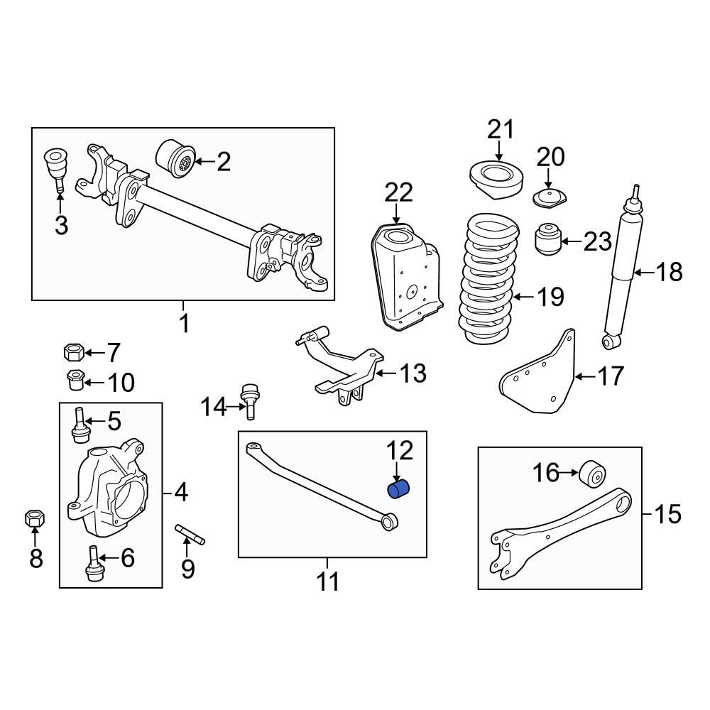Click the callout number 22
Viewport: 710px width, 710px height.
pyautogui.click(x=398, y=193)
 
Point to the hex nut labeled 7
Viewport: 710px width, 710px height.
pyautogui.click(x=74, y=351)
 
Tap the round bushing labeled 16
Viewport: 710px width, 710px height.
pyautogui.click(x=592, y=474)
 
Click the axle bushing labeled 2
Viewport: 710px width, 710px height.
pyautogui.click(x=175, y=161)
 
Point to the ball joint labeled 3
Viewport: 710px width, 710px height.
pyautogui.click(x=56, y=168)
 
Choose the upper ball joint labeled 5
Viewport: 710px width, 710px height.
pyautogui.click(x=80, y=424)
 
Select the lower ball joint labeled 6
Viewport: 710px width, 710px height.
pyautogui.click(x=94, y=565)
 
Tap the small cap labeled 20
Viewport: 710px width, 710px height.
pyautogui.click(x=549, y=197)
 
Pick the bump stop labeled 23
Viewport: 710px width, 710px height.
pyautogui.click(x=547, y=240)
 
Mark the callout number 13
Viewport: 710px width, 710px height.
pyautogui.click(x=413, y=373)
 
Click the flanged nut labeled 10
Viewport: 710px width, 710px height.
pyautogui.click(x=75, y=381)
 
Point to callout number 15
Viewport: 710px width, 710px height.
pyautogui.click(x=667, y=513)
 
